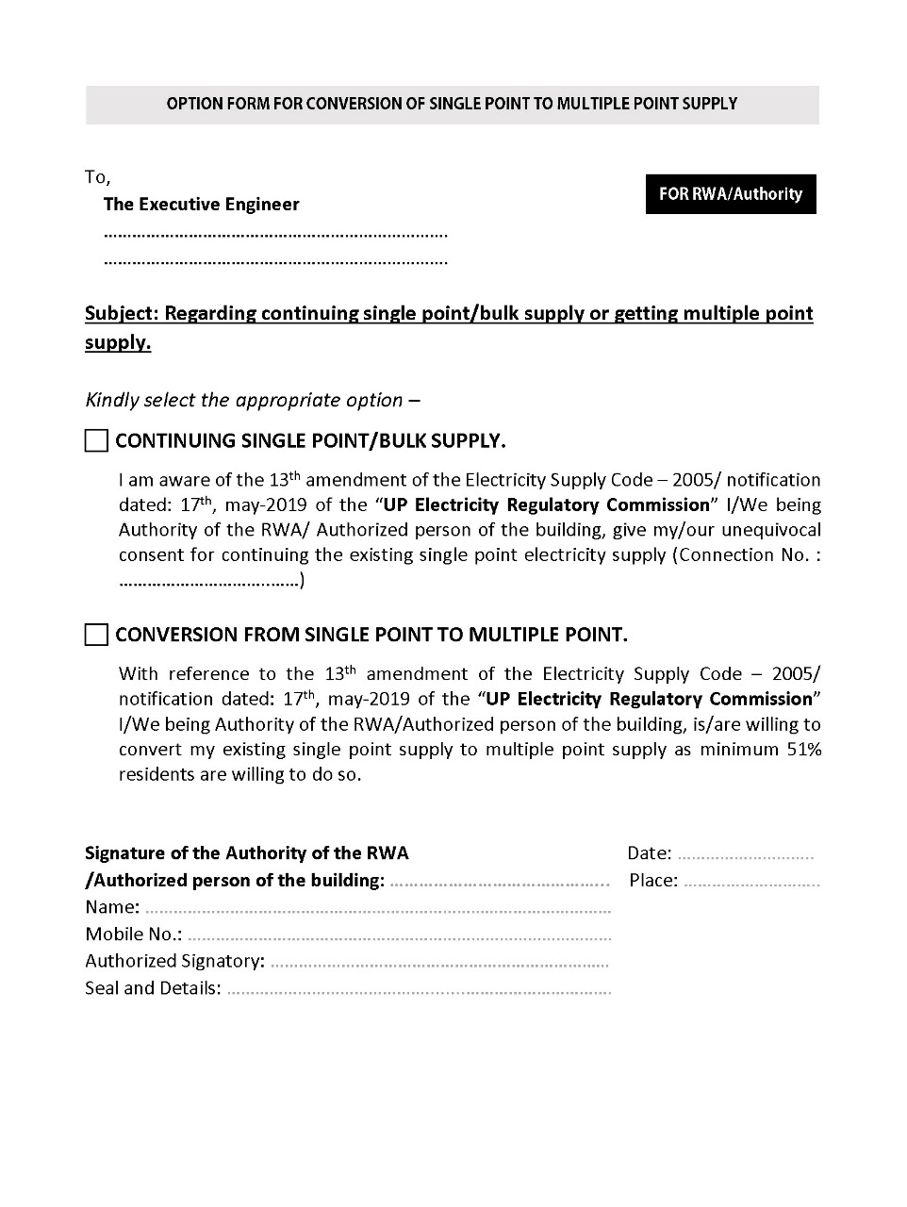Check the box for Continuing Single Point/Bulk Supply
click(97, 440)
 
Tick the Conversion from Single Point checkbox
click(97, 635)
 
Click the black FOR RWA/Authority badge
click(731, 194)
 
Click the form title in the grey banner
click(452, 104)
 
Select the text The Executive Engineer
click(201, 205)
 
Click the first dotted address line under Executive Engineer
click(275, 234)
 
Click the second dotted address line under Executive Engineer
click(275, 261)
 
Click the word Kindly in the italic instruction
click(111, 400)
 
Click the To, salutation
click(97, 177)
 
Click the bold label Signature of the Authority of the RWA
click(247, 853)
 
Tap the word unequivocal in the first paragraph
click(766, 530)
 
